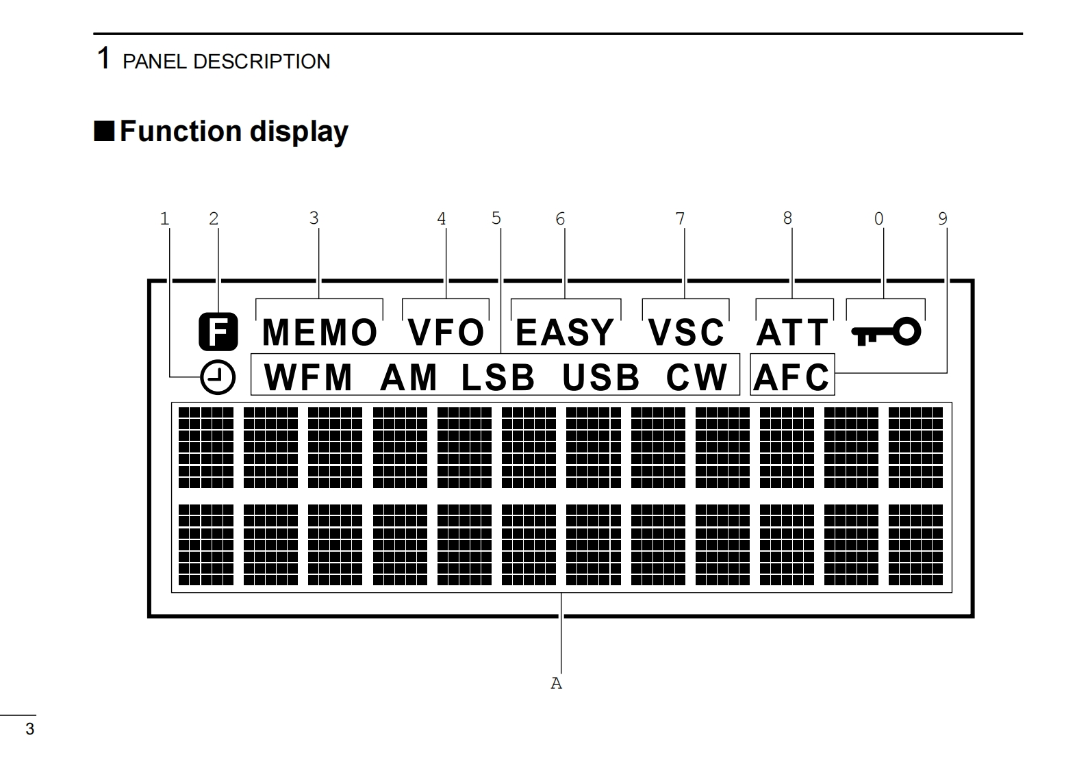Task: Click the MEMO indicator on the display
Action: pyautogui.click(x=319, y=333)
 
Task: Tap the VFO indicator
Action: pyautogui.click(x=446, y=333)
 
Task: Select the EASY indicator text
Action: pyautogui.click(x=565, y=333)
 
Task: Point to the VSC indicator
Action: pyautogui.click(x=686, y=333)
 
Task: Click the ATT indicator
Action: pyautogui.click(x=792, y=333)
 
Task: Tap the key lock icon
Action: pyautogui.click(x=886, y=333)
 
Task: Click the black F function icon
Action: pyautogui.click(x=218, y=332)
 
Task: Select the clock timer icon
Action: pyautogui.click(x=218, y=377)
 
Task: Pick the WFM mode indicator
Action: pyautogui.click(x=308, y=377)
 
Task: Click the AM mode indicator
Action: pyautogui.click(x=409, y=377)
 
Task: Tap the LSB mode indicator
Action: pyautogui.click(x=498, y=377)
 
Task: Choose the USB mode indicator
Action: pyautogui.click(x=601, y=377)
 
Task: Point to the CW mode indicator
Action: pyautogui.click(x=697, y=377)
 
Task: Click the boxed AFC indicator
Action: pyautogui.click(x=792, y=376)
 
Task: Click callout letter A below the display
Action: pyautogui.click(x=556, y=683)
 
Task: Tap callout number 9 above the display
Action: pyautogui.click(x=943, y=219)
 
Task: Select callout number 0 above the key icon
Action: pyautogui.click(x=878, y=219)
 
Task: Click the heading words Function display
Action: pyautogui.click(x=233, y=131)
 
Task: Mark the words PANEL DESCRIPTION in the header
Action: pyautogui.click(x=226, y=62)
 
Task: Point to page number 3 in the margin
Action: pyautogui.click(x=29, y=729)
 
